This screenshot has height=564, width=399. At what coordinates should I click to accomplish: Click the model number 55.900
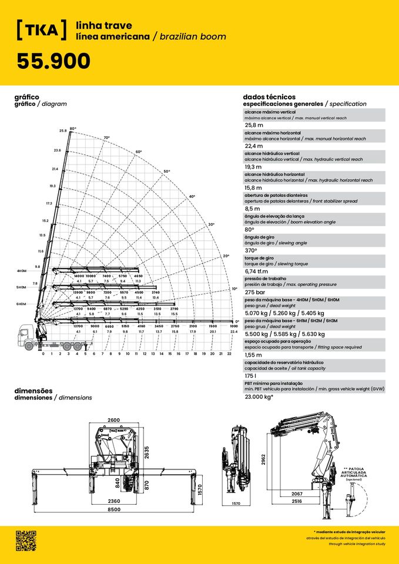pyautogui.click(x=53, y=61)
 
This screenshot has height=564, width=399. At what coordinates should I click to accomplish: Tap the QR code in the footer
pyautogui.click(x=26, y=540)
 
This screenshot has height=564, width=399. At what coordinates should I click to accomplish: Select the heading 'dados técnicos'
pyautogui.click(x=269, y=97)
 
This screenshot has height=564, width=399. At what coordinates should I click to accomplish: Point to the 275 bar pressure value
pyautogui.click(x=255, y=292)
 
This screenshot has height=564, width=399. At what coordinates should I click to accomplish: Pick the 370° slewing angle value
pyautogui.click(x=251, y=250)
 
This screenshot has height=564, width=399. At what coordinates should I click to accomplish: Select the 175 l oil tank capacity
pyautogui.click(x=250, y=375)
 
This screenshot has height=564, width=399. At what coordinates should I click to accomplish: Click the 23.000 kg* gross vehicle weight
pyautogui.click(x=259, y=397)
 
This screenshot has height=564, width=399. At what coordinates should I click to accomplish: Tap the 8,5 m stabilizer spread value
pyautogui.click(x=253, y=209)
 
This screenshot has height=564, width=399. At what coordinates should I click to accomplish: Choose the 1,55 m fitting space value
pyautogui.click(x=254, y=355)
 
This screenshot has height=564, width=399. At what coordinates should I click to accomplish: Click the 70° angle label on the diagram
pyautogui.click(x=106, y=138)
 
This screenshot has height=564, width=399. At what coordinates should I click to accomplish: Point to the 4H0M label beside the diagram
pyautogui.click(x=22, y=271)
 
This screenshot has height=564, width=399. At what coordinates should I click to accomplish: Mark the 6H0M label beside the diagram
pyautogui.click(x=22, y=304)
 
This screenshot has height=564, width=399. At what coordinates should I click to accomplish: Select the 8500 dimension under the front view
pyautogui.click(x=114, y=509)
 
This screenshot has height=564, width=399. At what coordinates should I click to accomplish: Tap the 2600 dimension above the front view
pyautogui.click(x=114, y=420)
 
